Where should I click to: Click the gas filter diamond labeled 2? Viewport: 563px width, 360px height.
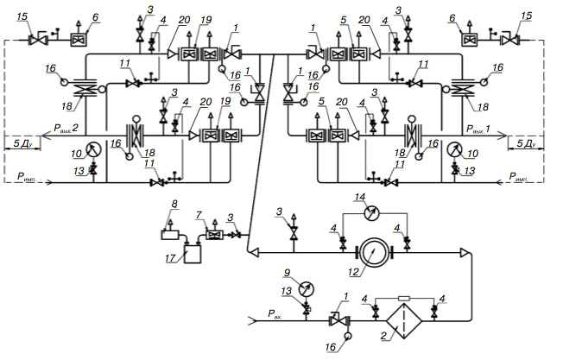click(x=404, y=321)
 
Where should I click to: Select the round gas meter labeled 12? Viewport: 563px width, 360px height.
click(x=374, y=253)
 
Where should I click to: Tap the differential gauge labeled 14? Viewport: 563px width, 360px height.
click(x=371, y=212)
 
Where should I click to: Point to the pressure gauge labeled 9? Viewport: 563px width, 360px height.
click(x=306, y=289)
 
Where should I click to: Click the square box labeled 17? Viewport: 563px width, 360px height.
click(x=193, y=254)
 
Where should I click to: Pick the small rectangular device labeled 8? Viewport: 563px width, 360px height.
click(x=170, y=235)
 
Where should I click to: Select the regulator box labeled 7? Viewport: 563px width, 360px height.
click(x=215, y=236)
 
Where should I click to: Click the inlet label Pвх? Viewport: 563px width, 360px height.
click(x=275, y=314)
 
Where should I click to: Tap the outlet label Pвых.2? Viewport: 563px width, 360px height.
click(x=66, y=128)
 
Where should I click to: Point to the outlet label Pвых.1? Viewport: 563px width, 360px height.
click(x=478, y=129)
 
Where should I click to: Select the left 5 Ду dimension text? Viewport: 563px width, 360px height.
click(x=23, y=143)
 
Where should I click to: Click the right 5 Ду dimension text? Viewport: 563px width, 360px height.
click(x=526, y=143)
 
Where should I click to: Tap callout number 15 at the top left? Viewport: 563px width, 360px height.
click(x=23, y=17)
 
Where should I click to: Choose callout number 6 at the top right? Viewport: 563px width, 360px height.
click(x=452, y=17)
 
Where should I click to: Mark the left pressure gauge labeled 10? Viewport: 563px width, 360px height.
click(x=93, y=149)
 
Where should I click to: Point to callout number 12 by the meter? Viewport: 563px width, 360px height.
click(x=353, y=272)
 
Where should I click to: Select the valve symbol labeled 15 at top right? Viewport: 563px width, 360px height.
click(x=509, y=40)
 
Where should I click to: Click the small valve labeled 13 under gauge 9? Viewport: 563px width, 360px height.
click(x=307, y=308)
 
